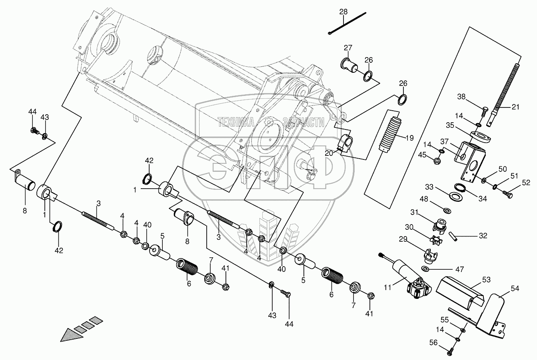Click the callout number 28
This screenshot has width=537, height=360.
point(344,12)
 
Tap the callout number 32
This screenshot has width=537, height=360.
point(483,235)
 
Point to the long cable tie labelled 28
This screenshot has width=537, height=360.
point(347,24)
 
